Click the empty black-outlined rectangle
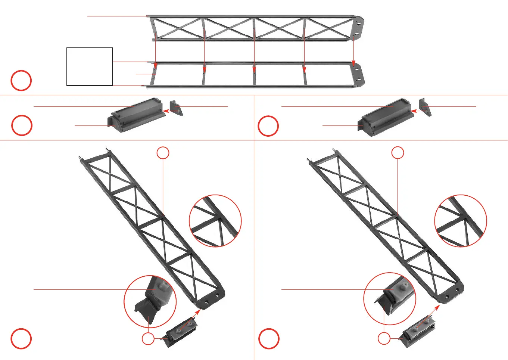pos(90,67)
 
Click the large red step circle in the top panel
pos(21,80)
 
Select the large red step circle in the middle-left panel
pos(22,125)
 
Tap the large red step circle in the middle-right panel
pos(268,126)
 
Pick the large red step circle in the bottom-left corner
pos(21,339)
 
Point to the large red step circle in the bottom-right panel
pos(269,339)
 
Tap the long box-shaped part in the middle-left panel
pos(136,115)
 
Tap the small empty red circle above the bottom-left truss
pos(163,153)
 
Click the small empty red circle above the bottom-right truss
pos(398,153)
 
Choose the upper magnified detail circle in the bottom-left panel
pos(215,221)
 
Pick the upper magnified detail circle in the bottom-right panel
pos(461,221)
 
